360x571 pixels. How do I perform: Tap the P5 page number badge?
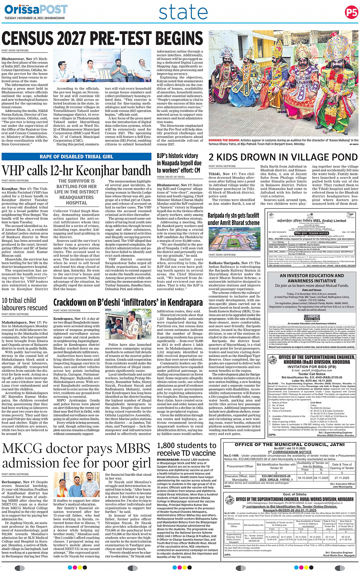(x=351, y=13)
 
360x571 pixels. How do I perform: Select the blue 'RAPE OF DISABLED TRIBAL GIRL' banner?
(x=76, y=157)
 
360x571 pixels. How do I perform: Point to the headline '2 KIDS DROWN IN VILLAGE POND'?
(x=283, y=157)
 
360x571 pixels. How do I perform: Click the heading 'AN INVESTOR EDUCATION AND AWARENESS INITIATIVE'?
(x=312, y=278)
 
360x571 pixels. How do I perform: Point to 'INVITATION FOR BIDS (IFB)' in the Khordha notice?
(x=312, y=366)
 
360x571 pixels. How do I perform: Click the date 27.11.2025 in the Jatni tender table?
(x=342, y=478)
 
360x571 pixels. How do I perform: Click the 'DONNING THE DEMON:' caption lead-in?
(x=224, y=141)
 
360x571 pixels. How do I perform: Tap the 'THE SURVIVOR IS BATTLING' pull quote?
(x=76, y=192)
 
